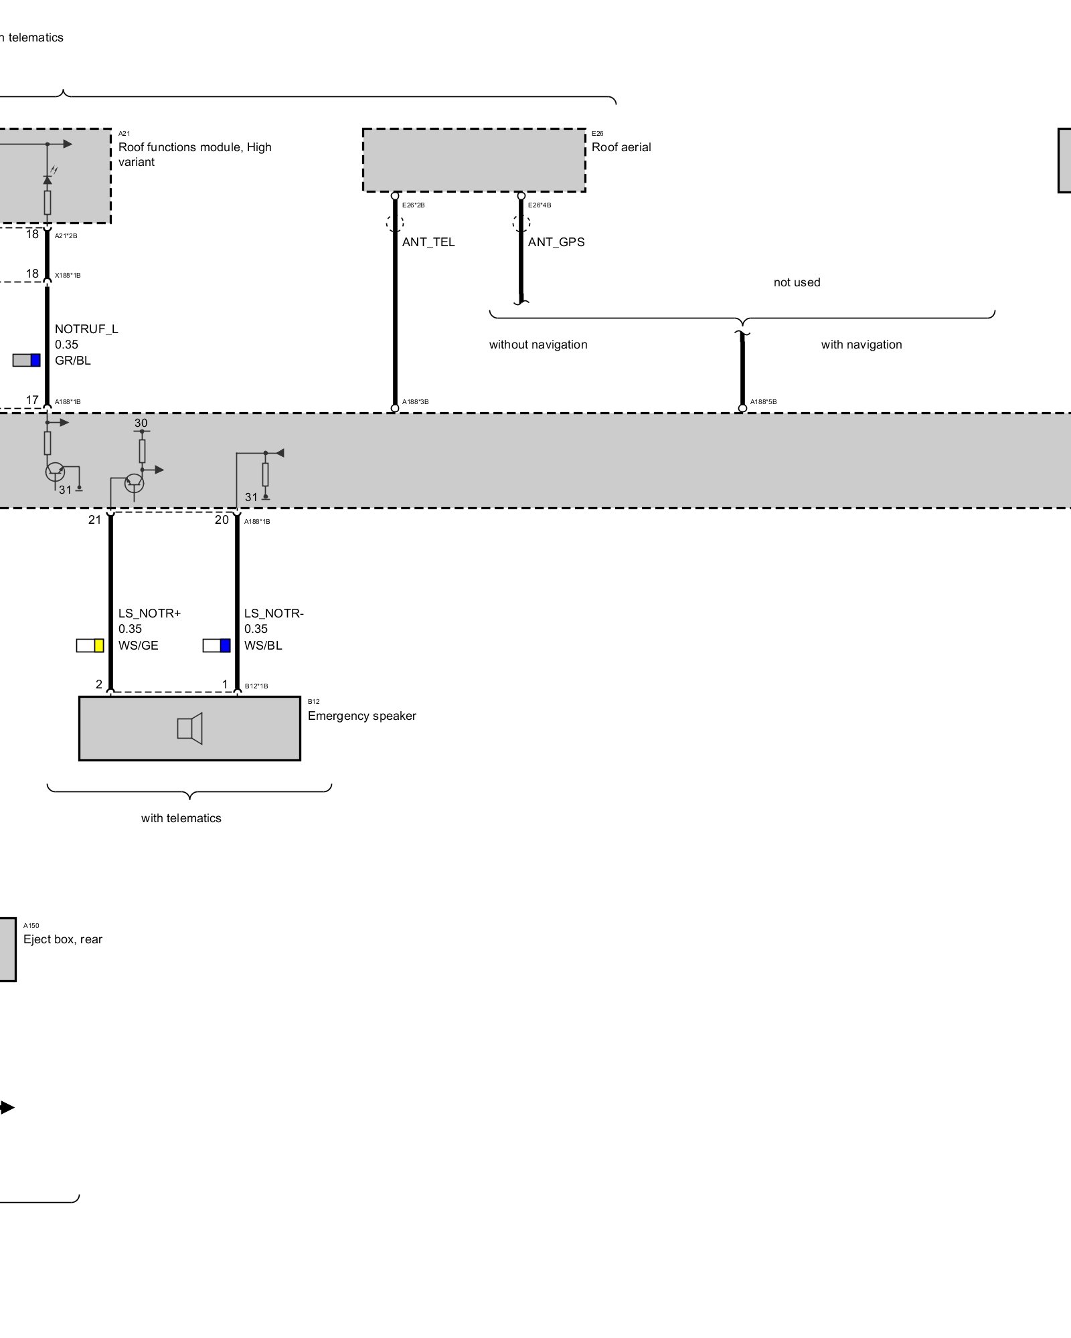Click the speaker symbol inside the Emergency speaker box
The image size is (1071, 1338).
coord(189,729)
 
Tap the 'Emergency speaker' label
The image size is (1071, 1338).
coord(361,716)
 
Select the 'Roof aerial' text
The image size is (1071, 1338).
coord(621,147)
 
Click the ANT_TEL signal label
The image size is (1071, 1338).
coord(428,242)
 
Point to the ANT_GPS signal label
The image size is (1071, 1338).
coord(556,242)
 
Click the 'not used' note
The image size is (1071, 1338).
coord(797,282)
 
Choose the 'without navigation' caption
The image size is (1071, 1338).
coord(538,345)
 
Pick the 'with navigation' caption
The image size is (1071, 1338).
coord(861,345)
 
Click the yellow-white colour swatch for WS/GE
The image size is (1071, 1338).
coord(90,646)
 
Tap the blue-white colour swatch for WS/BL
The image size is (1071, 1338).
coord(217,646)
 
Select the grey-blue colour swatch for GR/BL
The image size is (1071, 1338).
coord(27,361)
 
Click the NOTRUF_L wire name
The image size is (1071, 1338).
coord(86,329)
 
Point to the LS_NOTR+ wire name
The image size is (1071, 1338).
coord(149,613)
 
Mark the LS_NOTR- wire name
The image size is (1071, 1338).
coord(274,613)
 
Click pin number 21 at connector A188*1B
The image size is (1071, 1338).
coord(94,520)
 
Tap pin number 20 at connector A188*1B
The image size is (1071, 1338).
coord(222,520)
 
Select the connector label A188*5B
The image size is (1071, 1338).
coord(763,402)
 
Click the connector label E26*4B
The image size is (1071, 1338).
coord(540,205)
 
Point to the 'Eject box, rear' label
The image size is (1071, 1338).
coord(63,939)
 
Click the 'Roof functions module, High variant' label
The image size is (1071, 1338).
coord(194,155)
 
